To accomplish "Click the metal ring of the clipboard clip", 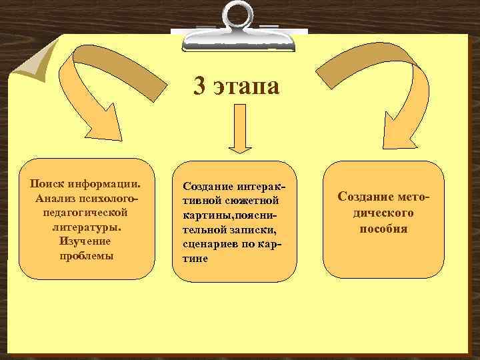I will tap(239, 17).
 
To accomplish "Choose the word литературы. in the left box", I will tap(85, 227).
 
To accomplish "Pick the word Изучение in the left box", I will tap(85, 241).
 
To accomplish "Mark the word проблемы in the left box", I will tap(85, 256).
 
